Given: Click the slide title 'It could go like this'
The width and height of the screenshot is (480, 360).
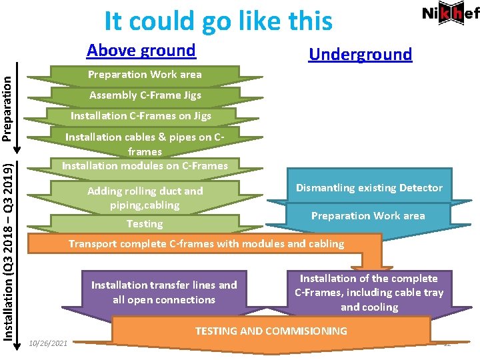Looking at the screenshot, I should pos(218,21).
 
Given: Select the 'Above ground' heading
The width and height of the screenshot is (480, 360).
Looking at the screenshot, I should pos(141,50).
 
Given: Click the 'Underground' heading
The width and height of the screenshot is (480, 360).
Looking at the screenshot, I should pos(360,54).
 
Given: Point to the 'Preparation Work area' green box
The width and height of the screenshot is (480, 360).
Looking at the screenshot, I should pos(145,75).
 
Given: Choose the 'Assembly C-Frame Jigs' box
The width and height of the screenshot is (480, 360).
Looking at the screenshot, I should pos(145,95).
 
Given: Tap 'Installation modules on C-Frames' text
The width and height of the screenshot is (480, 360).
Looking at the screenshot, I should pos(145,165).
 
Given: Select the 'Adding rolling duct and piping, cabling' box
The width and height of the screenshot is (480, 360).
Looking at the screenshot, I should pos(145,198).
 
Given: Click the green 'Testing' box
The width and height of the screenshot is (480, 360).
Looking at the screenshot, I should pos(145,224).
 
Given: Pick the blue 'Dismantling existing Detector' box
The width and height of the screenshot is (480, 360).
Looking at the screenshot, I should pos(369,188).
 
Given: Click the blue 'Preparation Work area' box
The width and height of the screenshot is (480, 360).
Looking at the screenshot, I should pos(368,215).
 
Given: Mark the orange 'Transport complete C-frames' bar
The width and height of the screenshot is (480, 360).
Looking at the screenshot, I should pos(206,244).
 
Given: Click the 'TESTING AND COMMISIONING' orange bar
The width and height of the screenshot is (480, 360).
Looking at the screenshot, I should pos(271,331).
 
